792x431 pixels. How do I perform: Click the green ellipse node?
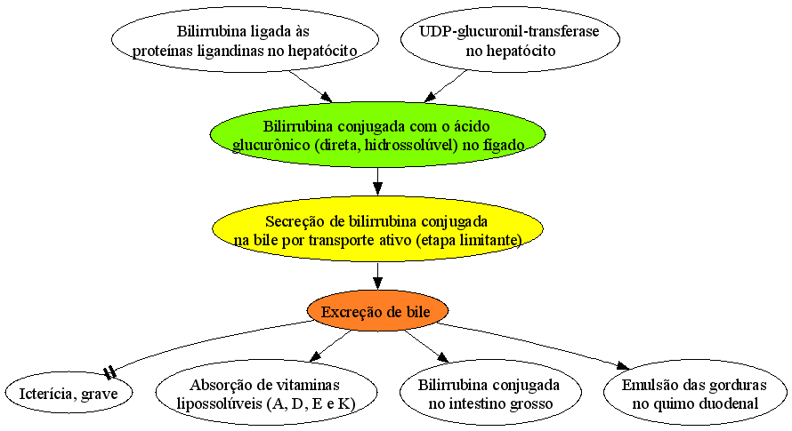point(378,135)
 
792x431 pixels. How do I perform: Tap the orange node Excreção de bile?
point(377,311)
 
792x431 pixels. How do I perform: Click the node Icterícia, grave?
point(69,393)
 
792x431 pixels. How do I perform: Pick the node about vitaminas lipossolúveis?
point(266,393)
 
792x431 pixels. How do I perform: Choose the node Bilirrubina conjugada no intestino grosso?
point(490,393)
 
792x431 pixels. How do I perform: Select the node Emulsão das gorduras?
point(695,393)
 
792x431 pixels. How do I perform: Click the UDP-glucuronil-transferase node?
point(510,40)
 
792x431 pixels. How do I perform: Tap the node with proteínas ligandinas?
point(245,40)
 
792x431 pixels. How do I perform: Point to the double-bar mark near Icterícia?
point(109,373)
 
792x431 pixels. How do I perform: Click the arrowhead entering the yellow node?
point(378,188)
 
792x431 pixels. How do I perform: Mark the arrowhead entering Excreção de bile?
point(378,283)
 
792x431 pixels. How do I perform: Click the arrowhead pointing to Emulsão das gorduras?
point(623,365)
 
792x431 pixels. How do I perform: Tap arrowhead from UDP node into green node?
point(431,96)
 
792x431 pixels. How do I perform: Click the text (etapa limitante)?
point(469,240)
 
